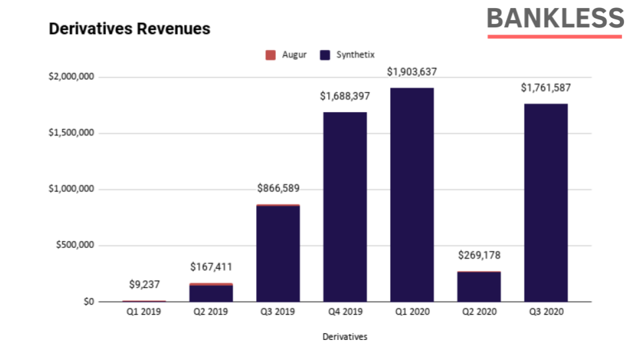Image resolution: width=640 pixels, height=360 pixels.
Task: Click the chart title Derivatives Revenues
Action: pos(129,29)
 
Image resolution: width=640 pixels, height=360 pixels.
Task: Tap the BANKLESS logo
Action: pos(555,19)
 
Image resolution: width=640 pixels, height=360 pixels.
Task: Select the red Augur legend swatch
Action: pos(271,55)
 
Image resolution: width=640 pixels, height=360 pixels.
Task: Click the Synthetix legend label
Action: pos(355,55)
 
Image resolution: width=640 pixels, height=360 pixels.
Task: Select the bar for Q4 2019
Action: pos(345,207)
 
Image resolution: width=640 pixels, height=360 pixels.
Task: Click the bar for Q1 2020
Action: pos(412,195)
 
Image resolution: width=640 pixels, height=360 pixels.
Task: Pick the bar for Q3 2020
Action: pos(545,203)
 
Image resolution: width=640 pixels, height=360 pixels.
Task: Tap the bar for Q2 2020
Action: pos(479,287)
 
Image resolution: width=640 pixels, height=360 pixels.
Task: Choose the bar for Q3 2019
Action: pos(278,253)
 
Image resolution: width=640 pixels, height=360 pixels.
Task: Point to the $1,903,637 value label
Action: pos(412,72)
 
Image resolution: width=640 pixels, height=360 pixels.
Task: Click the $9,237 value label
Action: pos(144,285)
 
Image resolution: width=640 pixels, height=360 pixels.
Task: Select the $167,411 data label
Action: pos(211,267)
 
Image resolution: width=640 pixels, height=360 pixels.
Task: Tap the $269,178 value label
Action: pos(479,255)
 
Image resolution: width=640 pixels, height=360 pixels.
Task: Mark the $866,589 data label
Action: pos(278,189)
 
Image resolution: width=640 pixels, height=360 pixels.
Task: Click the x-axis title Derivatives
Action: pos(345,337)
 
